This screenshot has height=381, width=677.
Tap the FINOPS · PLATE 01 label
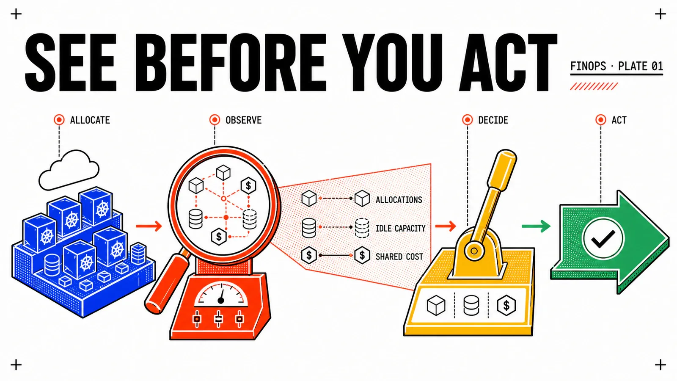(616, 66)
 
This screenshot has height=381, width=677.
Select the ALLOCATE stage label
(90, 120)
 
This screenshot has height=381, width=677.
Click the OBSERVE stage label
(244, 120)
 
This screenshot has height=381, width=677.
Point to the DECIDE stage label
(493, 120)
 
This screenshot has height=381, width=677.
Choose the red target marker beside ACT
(600, 120)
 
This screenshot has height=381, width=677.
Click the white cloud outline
(69, 170)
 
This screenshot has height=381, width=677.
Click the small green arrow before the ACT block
(536, 226)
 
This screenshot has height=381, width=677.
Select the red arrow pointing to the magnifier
(149, 226)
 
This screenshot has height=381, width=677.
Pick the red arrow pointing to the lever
(446, 226)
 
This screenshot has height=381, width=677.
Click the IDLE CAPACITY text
(400, 228)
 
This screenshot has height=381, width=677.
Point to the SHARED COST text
(399, 257)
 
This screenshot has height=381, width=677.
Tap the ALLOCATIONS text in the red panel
(399, 200)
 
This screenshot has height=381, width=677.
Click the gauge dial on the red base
(221, 294)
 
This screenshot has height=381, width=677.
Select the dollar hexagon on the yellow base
(506, 305)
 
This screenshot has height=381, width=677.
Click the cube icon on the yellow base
(436, 305)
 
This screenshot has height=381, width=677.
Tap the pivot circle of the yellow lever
(474, 251)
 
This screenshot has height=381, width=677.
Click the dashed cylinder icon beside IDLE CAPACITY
(362, 228)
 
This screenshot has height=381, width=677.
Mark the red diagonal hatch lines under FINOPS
(594, 86)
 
